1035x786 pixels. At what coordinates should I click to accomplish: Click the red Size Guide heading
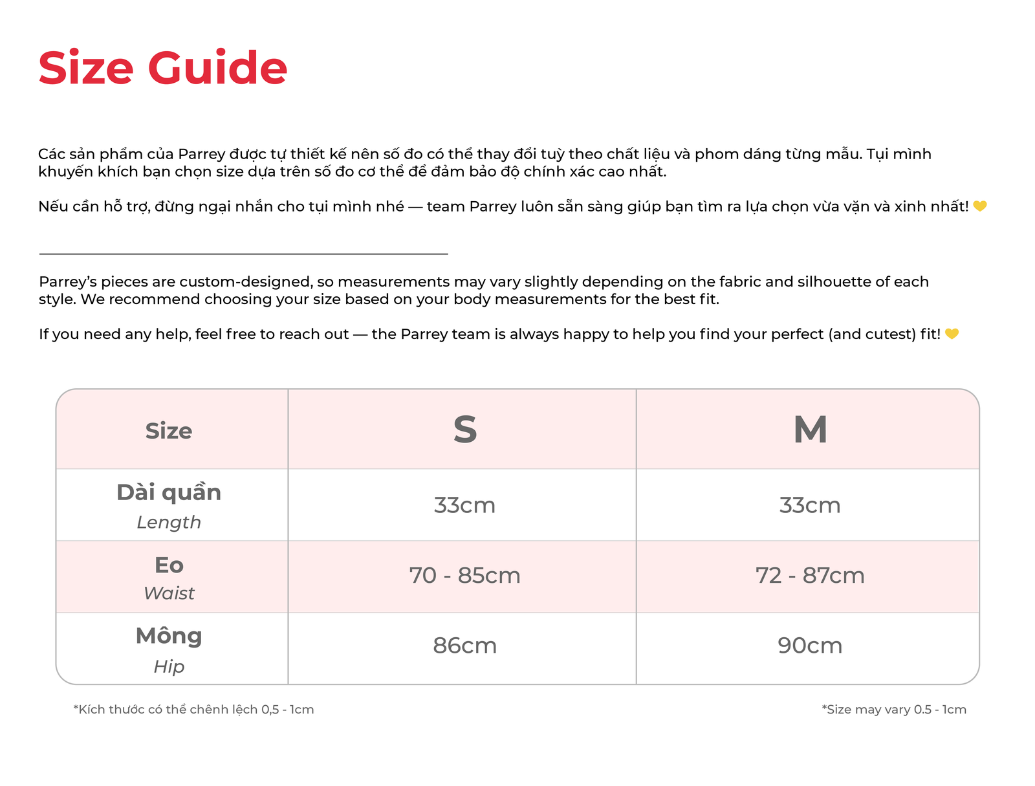point(162,68)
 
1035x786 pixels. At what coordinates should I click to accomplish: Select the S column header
point(464,430)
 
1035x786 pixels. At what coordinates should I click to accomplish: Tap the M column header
point(810,430)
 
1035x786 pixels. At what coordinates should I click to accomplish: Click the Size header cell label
point(169,431)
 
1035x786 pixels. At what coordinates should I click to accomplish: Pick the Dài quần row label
point(169,492)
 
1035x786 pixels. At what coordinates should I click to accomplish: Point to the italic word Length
point(169,522)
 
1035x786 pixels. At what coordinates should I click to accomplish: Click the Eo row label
point(169,565)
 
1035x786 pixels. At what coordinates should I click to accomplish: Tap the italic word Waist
point(169,593)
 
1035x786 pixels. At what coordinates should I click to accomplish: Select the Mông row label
point(169,637)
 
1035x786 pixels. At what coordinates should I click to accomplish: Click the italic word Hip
point(169,666)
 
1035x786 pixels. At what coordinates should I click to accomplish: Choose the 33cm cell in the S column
point(464,505)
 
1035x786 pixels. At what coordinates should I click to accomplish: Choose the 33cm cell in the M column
point(810,505)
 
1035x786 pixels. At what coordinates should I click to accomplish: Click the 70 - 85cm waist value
point(464,576)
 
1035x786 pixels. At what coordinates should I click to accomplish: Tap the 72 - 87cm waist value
point(810,576)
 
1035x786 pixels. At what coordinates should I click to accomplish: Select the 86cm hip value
point(464,646)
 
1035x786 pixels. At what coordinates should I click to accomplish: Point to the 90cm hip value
point(810,646)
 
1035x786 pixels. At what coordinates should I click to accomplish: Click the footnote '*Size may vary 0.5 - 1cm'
point(894,710)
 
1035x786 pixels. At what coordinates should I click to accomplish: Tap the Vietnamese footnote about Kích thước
point(193,710)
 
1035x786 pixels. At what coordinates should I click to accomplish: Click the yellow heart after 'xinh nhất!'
point(980,206)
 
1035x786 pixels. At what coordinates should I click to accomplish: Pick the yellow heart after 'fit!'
point(952,334)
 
